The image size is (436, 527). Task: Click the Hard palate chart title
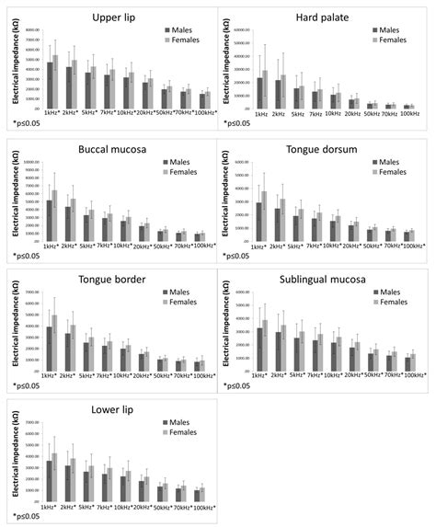pyautogui.click(x=320, y=18)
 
